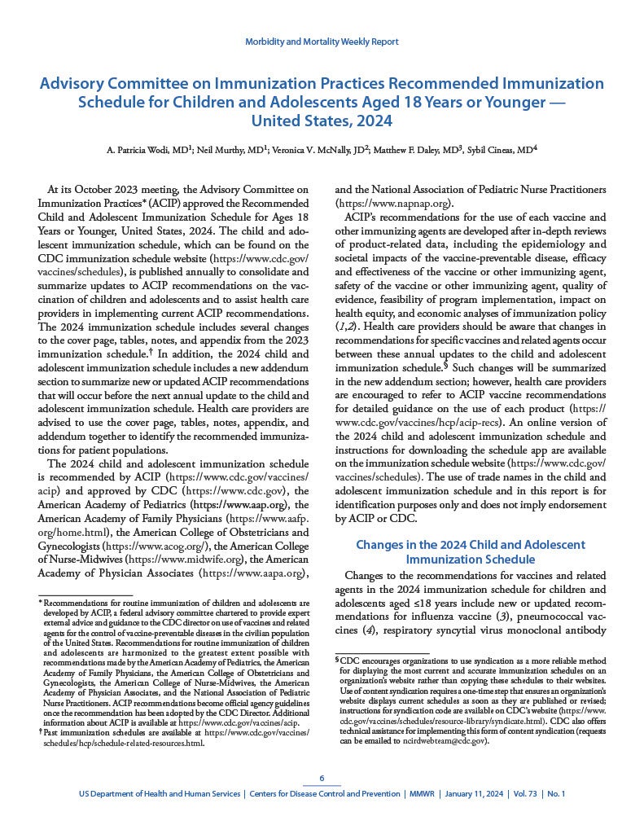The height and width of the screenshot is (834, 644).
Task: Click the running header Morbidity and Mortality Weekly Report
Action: (x=322, y=42)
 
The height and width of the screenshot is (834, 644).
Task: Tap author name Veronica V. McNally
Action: (x=305, y=151)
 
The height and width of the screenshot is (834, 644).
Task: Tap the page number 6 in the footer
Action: (x=322, y=777)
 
